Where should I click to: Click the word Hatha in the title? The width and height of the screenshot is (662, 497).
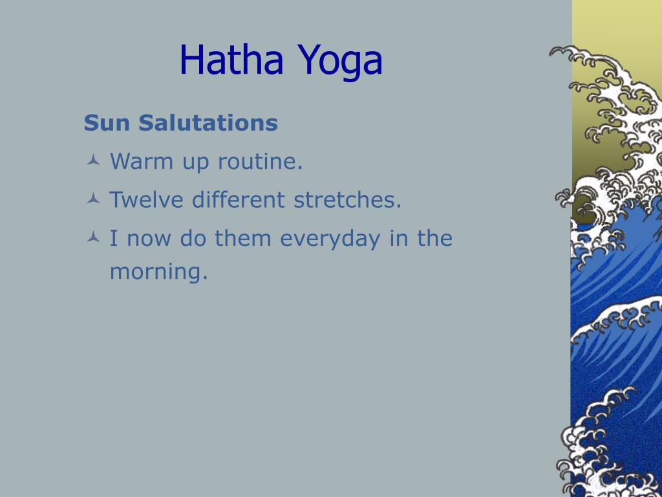coord(231,60)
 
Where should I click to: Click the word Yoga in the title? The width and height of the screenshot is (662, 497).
coord(339,61)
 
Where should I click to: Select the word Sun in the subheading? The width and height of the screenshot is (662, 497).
coord(107,123)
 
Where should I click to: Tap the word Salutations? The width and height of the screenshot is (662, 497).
coord(208,123)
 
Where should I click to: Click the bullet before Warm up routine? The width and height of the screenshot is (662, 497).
coord(93,160)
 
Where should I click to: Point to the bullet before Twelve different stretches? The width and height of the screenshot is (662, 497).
coord(93,198)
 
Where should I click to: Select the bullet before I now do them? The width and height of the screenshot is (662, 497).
coord(93,237)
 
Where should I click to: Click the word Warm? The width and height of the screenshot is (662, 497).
coord(142,161)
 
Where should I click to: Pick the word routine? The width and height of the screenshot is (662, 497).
coord(260,161)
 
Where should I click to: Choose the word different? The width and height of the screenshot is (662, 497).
coord(238,199)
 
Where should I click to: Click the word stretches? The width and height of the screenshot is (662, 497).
coord(347,199)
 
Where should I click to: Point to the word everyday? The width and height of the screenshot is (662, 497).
coord(330,239)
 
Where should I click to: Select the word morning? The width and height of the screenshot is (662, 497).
coord(159,272)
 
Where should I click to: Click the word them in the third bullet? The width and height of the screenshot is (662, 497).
coord(243,238)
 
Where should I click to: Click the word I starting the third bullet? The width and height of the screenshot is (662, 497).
coord(114,238)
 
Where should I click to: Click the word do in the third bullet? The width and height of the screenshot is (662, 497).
coord(193,238)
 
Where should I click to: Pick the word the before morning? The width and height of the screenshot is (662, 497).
coord(435,238)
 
